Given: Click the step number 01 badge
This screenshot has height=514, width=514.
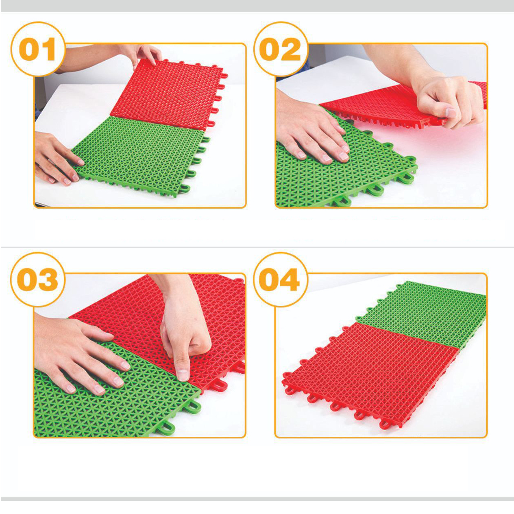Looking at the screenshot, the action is (x=38, y=49).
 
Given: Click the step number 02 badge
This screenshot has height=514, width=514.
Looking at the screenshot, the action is (x=281, y=49).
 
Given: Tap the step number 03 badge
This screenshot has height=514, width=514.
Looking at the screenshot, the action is (x=38, y=279).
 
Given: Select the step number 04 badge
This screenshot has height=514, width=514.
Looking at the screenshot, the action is (x=281, y=279).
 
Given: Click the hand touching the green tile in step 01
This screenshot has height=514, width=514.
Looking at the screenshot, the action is (x=57, y=159).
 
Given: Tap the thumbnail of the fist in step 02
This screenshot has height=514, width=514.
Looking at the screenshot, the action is (x=451, y=113).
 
